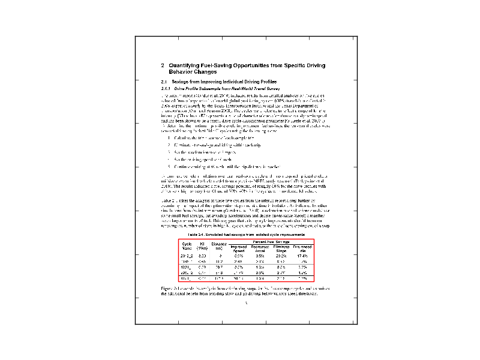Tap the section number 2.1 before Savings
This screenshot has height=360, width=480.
coord(164,81)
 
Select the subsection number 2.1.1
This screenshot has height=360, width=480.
coord(166,88)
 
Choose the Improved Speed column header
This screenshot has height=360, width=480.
coord(238,248)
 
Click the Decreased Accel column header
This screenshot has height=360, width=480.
coord(259,248)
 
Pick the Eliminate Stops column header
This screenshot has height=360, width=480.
coord(281,248)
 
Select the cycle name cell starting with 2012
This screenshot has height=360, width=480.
coord(187,256)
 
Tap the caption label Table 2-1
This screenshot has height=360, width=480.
coord(199,234)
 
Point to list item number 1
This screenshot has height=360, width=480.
coord(170,139)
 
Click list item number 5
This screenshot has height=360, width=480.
coord(170,165)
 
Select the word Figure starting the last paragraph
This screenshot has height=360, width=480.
coord(168,289)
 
